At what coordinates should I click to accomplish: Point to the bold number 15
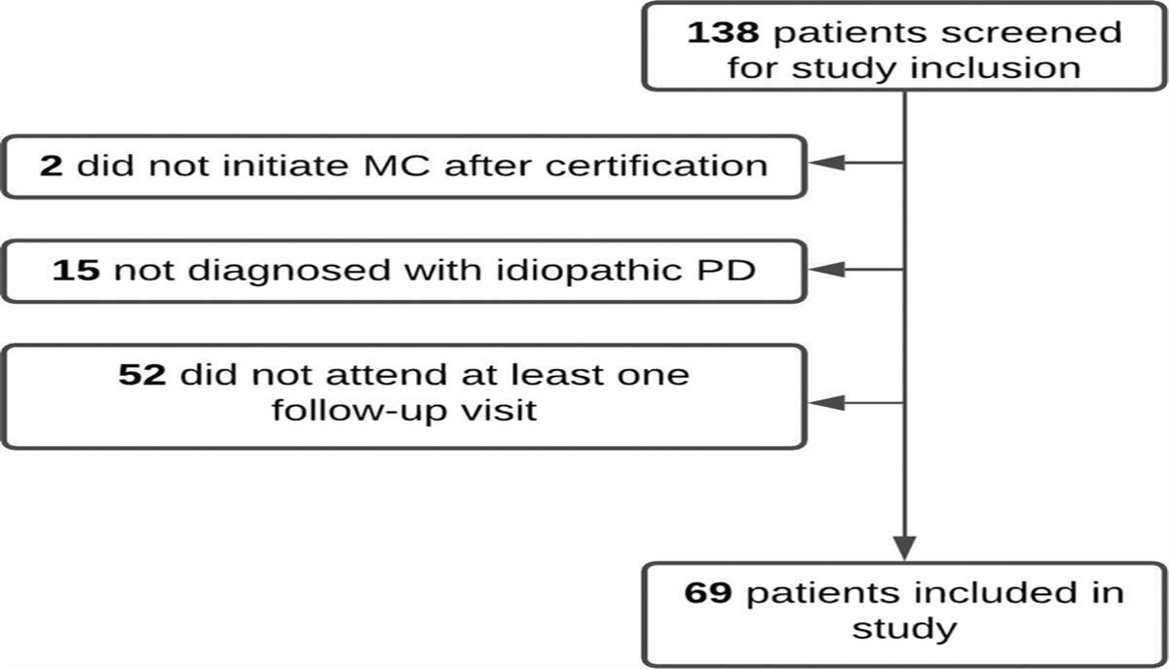[x=76, y=269]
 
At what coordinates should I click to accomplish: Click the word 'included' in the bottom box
[x=977, y=592]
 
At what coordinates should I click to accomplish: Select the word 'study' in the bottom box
[x=903, y=629]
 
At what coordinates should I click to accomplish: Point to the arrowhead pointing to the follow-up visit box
[x=827, y=401]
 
